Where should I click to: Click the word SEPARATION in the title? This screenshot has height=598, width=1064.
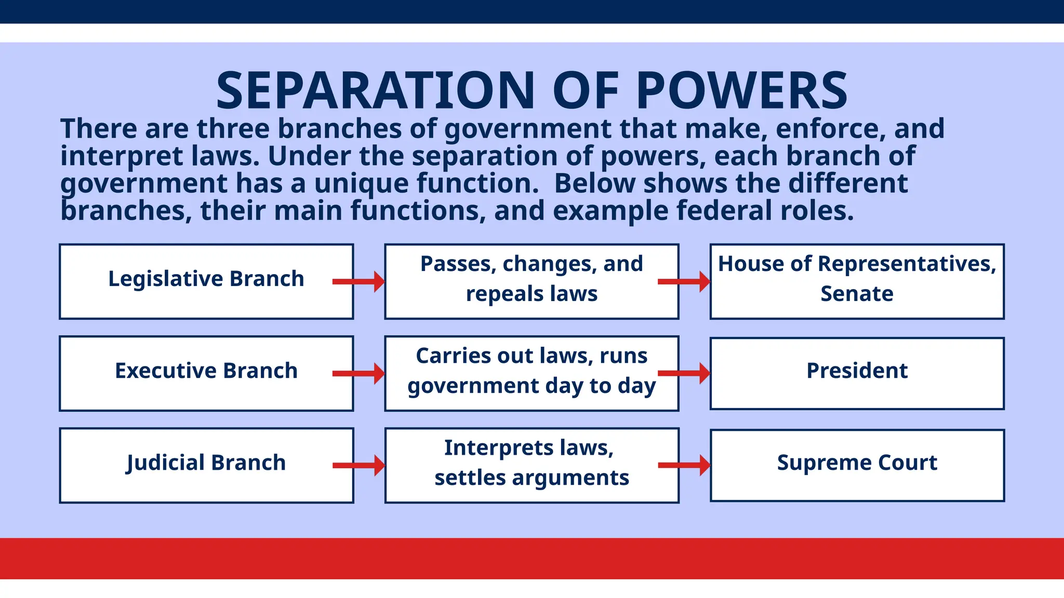click(375, 91)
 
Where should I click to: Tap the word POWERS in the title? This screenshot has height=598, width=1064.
click(742, 91)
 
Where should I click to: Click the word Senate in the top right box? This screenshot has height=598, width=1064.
click(857, 294)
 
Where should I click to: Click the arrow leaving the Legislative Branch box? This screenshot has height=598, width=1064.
click(358, 282)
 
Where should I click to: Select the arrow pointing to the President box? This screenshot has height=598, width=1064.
click(684, 373)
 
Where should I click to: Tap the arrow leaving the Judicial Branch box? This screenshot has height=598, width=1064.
click(358, 465)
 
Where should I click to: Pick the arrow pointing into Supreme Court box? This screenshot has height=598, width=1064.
click(684, 465)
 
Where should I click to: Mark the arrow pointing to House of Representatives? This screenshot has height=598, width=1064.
click(684, 282)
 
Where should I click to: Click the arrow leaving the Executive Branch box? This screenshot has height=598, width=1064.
click(358, 373)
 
